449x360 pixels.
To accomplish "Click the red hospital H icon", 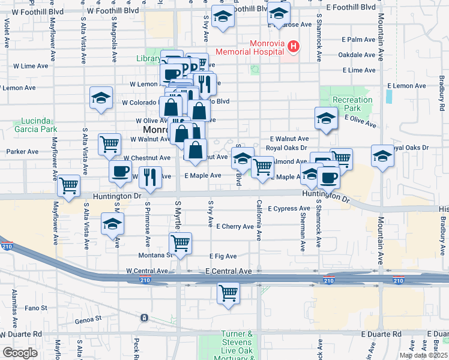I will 294,46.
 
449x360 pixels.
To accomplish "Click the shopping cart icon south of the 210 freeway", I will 228,293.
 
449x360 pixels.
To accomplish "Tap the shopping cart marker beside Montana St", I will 180,243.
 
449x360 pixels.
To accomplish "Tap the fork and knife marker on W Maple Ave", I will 150,177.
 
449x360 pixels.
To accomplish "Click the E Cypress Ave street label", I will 289,209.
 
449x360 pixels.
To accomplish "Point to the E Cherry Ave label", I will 235,227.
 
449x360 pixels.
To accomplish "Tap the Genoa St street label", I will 89,320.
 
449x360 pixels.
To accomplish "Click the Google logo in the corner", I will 20,353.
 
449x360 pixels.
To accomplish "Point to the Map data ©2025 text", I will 423,355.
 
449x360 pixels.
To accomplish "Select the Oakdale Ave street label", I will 357,55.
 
